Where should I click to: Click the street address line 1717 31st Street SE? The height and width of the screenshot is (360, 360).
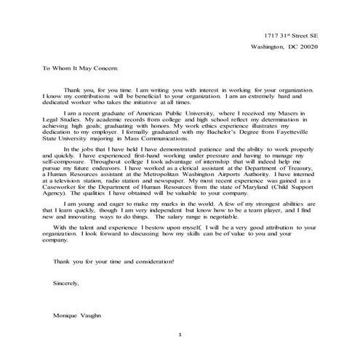point(290,35)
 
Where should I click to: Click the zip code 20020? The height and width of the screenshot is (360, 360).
point(324,47)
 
